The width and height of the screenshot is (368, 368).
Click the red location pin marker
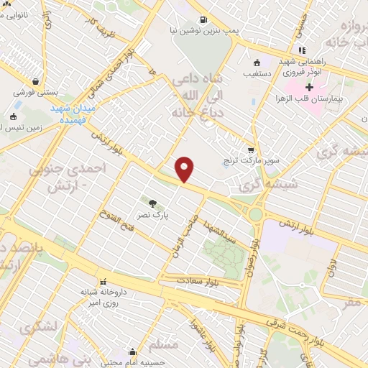[185, 170]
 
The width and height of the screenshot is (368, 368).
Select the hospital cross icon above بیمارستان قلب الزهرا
[310, 87]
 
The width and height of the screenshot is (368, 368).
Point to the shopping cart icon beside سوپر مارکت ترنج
[250, 151]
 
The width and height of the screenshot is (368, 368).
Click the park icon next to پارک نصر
[152, 203]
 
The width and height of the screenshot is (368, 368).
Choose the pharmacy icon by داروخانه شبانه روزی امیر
[103, 281]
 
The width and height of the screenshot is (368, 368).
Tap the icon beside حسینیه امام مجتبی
[132, 352]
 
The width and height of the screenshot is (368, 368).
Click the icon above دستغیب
[257, 63]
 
